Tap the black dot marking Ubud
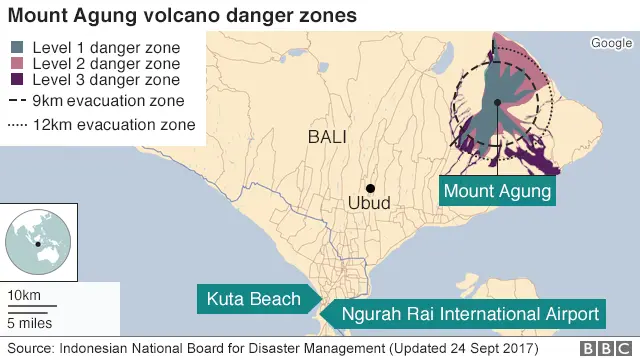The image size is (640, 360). coord(370,188)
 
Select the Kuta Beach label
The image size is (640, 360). coord(254,298)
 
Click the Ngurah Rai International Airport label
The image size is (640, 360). coord(471,313)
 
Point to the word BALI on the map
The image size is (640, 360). coord(328,137)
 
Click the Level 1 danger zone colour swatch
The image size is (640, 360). coord(19,48)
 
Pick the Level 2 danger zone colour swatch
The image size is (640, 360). coord(19,64)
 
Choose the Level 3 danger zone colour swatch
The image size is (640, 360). coord(19,80)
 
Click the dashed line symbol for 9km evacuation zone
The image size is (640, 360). coord(17,101)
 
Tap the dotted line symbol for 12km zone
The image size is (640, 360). coord(17,125)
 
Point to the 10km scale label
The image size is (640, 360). coord(24,295)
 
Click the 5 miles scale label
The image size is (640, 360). coord(30,322)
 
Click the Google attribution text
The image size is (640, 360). coord(611,42)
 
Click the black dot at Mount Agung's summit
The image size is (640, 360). coord(496,102)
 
